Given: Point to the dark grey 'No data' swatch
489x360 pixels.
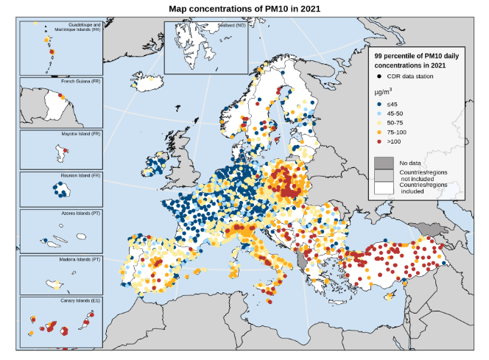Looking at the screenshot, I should point(384,162).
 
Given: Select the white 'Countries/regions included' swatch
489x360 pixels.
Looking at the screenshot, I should point(384,188).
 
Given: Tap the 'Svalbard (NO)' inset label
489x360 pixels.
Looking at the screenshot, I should point(231,25).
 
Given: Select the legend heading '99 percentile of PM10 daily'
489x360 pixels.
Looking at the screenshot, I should point(415,56).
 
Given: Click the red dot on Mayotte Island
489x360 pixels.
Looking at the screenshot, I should point(65,151).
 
